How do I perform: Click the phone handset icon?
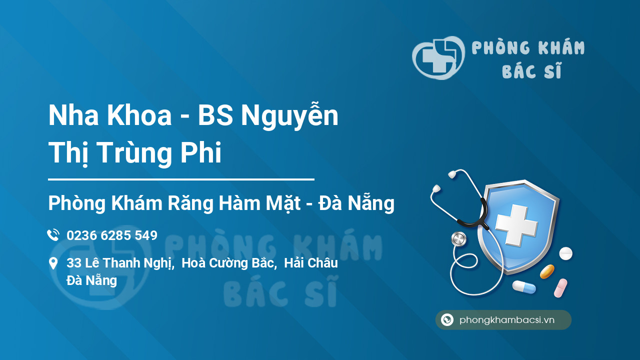(53, 235)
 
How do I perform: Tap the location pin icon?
(53, 263)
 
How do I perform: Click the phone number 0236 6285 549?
(112, 235)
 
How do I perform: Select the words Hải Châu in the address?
(311, 263)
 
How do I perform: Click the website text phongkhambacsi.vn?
(507, 320)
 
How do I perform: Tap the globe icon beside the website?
(447, 319)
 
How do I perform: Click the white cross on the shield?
(516, 225)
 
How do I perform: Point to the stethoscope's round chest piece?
(459, 239)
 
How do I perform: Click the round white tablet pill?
(565, 253)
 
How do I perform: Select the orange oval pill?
(547, 271)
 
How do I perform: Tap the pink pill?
(560, 288)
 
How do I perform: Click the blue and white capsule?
(524, 287)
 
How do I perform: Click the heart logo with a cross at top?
(438, 57)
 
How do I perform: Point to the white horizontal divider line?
(181, 179)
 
